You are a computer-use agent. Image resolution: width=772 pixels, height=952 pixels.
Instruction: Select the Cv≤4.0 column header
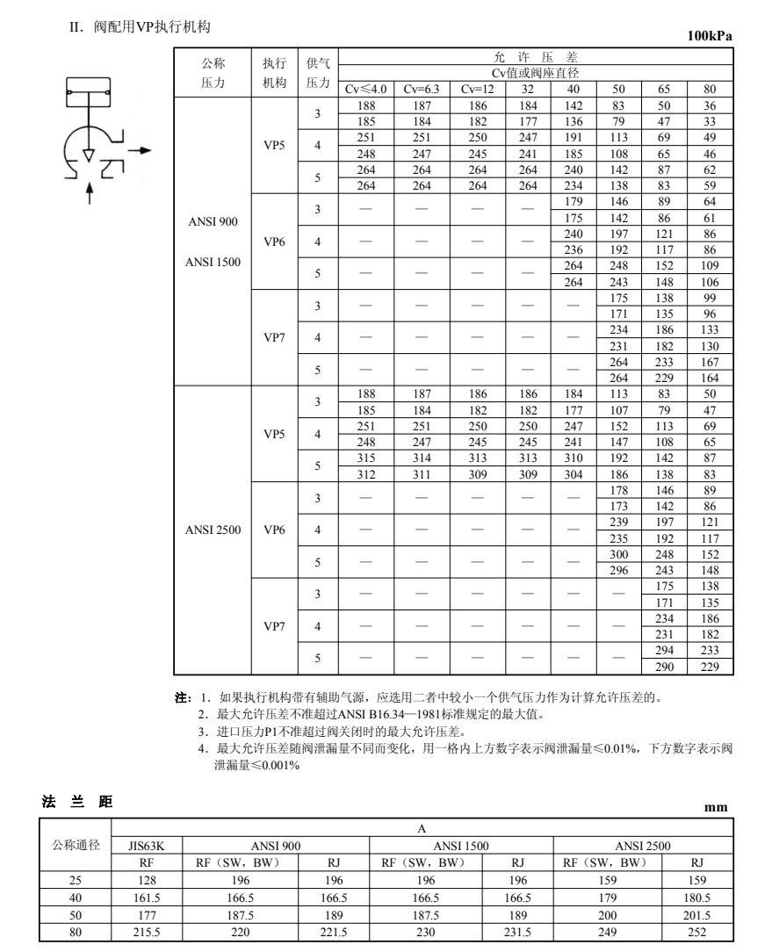(x=364, y=89)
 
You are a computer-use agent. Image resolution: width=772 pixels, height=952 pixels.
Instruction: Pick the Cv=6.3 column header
(x=422, y=89)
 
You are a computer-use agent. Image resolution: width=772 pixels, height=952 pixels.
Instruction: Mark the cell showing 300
(x=619, y=555)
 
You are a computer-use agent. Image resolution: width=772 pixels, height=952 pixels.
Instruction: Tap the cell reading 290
(x=664, y=667)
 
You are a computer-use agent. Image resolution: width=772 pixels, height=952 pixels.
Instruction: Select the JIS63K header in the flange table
(x=146, y=846)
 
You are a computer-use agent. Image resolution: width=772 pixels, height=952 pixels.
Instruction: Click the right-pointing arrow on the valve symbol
(x=138, y=150)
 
